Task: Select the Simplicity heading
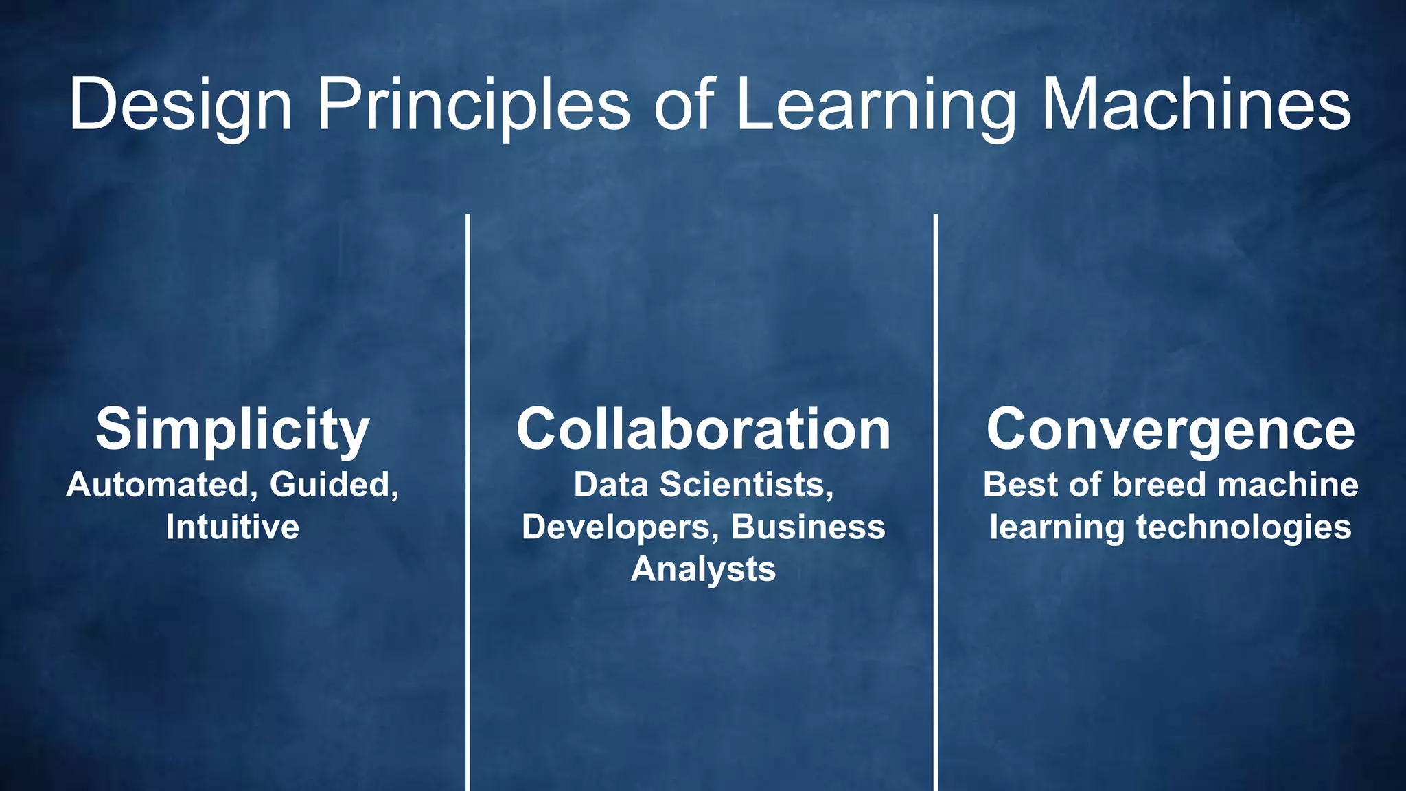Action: tap(233, 430)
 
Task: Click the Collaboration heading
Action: tap(703, 430)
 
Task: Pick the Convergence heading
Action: tap(1171, 430)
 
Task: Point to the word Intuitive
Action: tap(233, 527)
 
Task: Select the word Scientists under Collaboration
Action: tap(746, 485)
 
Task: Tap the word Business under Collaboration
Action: tap(808, 527)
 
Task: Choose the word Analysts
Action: tap(703, 569)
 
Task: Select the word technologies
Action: tap(1243, 527)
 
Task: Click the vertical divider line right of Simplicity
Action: tap(468, 501)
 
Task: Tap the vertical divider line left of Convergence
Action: tap(936, 501)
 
